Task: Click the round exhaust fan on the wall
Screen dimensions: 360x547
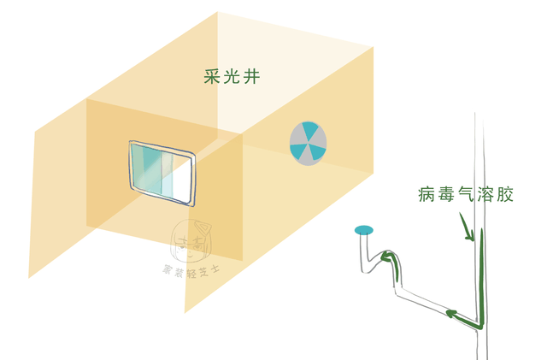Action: (307, 143)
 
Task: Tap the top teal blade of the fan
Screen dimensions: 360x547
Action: (308, 129)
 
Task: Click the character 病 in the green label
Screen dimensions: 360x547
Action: (429, 193)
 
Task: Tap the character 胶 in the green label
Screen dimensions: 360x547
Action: (503, 193)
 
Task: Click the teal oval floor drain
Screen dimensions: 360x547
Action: (365, 230)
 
